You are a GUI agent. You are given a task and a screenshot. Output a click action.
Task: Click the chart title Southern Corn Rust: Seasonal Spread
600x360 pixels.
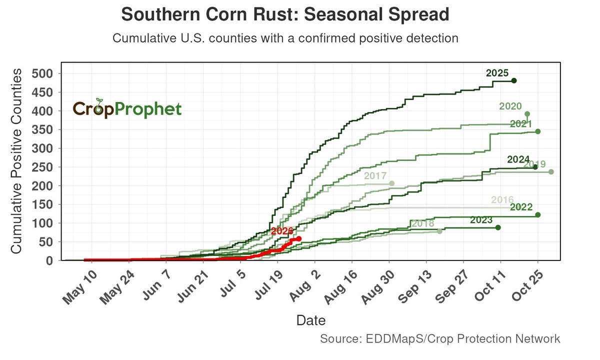pos(285,14)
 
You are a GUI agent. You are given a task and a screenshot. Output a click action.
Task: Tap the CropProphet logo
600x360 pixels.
pos(127,108)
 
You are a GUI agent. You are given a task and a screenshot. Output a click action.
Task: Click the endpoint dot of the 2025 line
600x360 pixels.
pos(514,80)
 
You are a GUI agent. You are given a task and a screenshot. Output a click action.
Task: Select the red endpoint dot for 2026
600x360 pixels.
pos(299,238)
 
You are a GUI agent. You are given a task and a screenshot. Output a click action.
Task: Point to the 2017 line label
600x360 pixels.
pos(375,175)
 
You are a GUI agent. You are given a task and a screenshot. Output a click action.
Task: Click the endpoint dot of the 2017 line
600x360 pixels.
pos(392,183)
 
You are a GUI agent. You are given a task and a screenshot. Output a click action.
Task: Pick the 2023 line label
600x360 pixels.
pos(481,220)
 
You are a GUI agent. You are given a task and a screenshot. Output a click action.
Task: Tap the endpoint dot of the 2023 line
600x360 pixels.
pos(498,227)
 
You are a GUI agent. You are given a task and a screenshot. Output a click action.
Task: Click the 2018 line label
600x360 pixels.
pos(422,223)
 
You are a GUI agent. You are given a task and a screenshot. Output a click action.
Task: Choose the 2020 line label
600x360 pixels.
pos(510,106)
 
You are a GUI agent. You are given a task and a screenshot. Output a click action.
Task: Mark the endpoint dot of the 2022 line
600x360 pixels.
pos(538,215)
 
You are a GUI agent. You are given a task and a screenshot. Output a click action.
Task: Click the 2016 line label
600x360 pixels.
pos(502,199)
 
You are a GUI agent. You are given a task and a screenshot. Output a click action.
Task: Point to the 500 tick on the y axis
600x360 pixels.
pos(42,73)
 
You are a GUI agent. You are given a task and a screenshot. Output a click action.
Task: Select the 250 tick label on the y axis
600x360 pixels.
pos(42,167)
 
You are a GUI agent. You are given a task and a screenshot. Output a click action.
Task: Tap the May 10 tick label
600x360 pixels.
pos(80,287)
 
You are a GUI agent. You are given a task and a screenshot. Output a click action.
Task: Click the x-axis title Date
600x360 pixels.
pos(311,320)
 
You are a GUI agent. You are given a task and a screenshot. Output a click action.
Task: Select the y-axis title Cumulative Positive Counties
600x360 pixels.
pos(16,161)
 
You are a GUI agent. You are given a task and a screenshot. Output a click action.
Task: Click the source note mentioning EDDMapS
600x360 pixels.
pos(440,339)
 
